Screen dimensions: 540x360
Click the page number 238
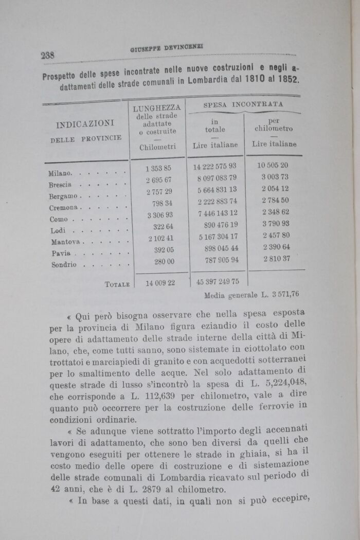[x=51, y=55]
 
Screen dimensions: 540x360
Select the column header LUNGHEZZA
[x=156, y=109]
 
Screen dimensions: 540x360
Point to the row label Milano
[x=61, y=173]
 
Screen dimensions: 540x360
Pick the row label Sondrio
[x=64, y=265]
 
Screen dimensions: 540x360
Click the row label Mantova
[x=65, y=242]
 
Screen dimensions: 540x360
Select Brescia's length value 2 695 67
[x=158, y=179]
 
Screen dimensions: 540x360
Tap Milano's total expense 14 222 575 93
[x=214, y=167]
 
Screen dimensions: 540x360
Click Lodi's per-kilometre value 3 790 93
[x=275, y=224]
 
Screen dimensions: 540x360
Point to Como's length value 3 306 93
[x=159, y=214]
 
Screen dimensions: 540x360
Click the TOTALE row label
[x=117, y=284]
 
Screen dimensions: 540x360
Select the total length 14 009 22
[x=160, y=283]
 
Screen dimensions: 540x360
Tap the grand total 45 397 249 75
[x=218, y=282]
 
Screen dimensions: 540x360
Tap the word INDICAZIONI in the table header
[x=84, y=124]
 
